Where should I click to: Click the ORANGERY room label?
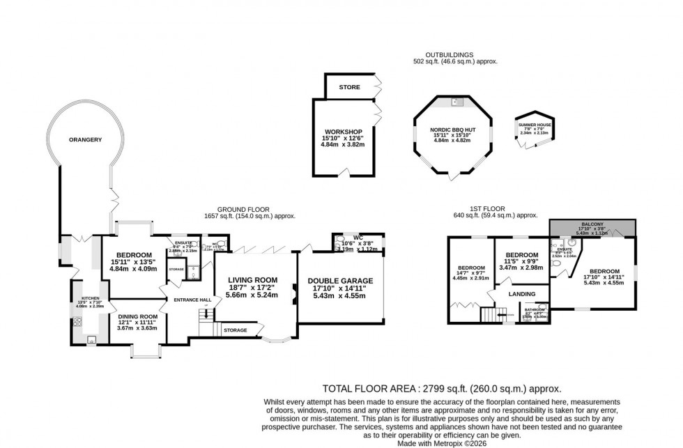(86, 140)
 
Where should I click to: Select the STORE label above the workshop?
(349, 88)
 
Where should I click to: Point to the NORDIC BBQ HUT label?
(453, 129)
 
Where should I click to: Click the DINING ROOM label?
(137, 316)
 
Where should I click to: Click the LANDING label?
(521, 295)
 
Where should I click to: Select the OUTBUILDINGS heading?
(450, 54)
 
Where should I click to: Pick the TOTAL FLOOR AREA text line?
(442, 389)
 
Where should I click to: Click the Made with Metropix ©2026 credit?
(442, 442)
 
